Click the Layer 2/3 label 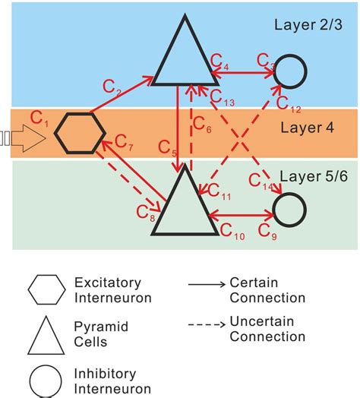[x=308, y=24]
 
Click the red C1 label [x=40, y=117]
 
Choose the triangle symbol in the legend [x=46, y=333]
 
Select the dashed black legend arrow [x=205, y=327]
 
